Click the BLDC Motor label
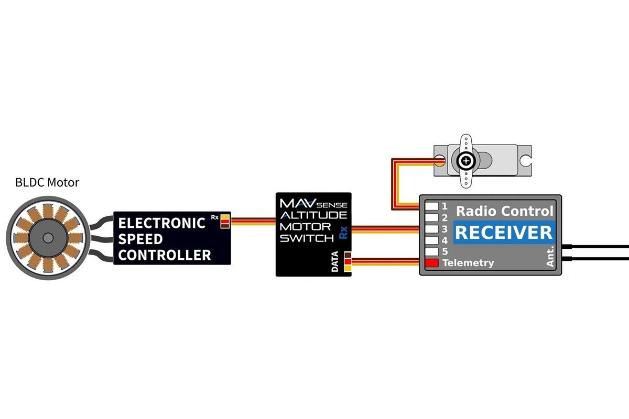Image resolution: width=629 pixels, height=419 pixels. click(47, 183)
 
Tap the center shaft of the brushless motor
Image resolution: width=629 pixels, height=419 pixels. click(48, 238)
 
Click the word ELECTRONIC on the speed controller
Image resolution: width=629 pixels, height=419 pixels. click(162, 224)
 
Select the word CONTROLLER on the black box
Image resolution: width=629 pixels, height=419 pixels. click(165, 255)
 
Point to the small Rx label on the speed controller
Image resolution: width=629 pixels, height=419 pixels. click(215, 217)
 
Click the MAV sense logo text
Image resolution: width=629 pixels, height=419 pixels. click(313, 204)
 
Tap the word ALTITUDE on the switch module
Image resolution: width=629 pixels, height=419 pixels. click(313, 215)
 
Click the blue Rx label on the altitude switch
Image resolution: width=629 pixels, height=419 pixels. click(343, 233)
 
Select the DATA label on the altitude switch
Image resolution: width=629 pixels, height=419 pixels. click(335, 261)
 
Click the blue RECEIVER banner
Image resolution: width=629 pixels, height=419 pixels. click(504, 233)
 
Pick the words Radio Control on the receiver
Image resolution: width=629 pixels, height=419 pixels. click(505, 211)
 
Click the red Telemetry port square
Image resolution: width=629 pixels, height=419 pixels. click(432, 263)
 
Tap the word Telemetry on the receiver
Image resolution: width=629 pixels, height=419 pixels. click(468, 263)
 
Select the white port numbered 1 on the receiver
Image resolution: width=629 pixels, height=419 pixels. click(432, 206)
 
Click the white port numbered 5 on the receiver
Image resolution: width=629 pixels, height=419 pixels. click(432, 251)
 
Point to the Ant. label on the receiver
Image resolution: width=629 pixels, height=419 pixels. click(550, 256)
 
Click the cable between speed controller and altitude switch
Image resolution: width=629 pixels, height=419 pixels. click(253, 222)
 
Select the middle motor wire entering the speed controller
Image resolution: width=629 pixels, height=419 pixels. click(102, 239)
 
